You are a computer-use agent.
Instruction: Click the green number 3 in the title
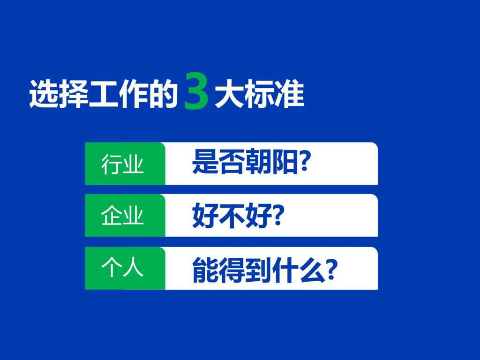(x=196, y=91)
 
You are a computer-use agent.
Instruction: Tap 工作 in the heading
(x=119, y=93)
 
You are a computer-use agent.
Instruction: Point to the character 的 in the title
(x=164, y=93)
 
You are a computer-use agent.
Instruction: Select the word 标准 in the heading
(x=274, y=93)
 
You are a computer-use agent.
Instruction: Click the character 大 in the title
(x=229, y=93)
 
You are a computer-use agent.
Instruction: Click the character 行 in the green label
(x=112, y=164)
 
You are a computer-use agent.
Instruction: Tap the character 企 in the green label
(x=112, y=216)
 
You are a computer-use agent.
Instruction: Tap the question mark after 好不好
(x=278, y=214)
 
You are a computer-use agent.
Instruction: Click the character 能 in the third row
(x=205, y=270)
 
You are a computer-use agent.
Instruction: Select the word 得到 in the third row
(x=245, y=270)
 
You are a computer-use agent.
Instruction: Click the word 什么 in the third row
(x=298, y=270)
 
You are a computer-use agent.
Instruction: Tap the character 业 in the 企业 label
(x=134, y=216)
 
